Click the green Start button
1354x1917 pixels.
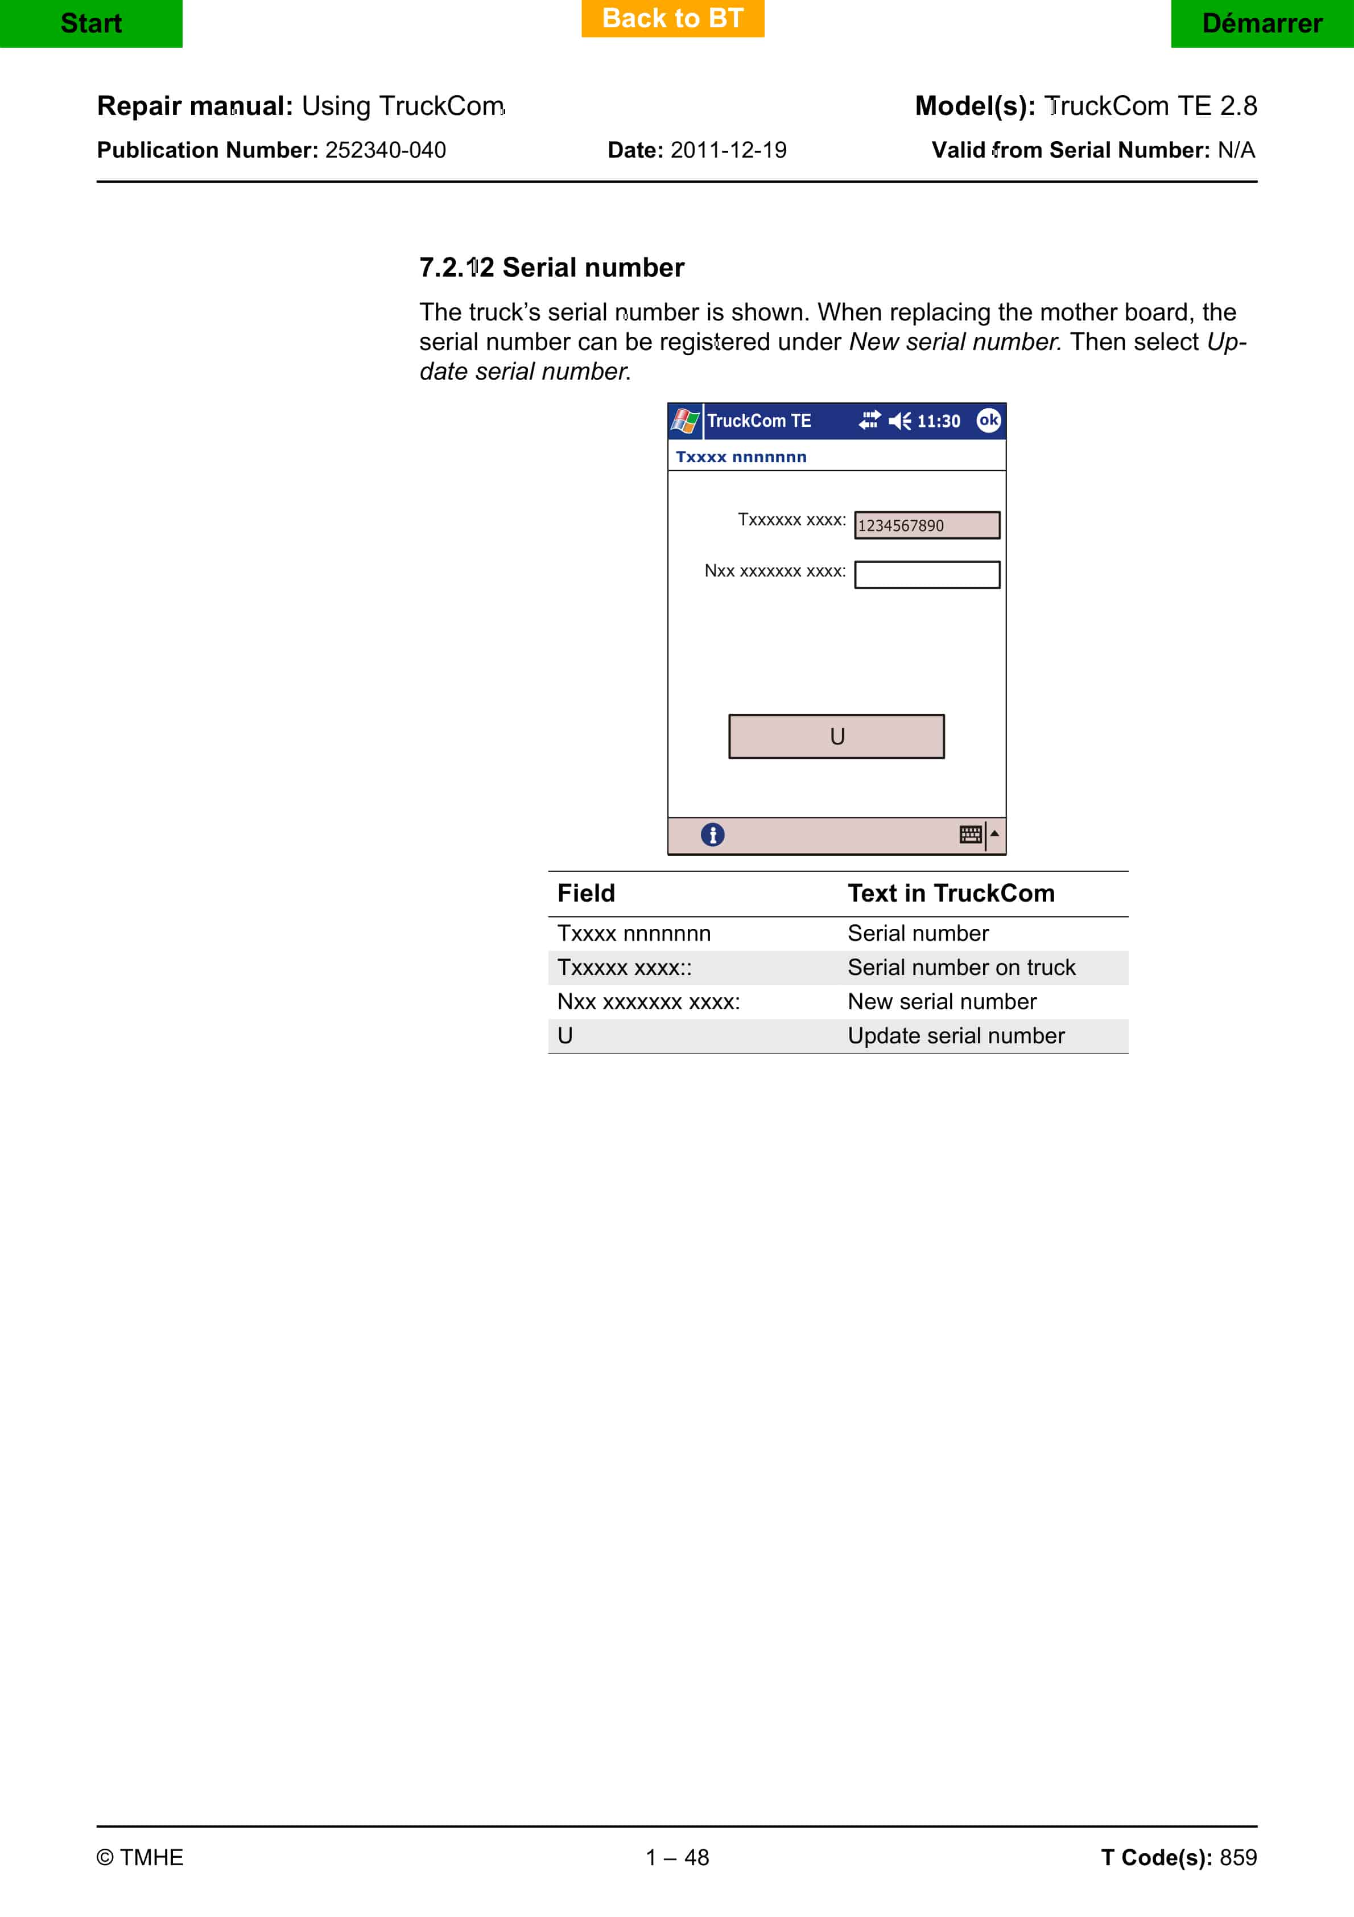click(91, 23)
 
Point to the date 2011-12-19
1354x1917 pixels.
click(728, 150)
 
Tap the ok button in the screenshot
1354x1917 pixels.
click(988, 420)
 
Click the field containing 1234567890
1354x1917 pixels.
click(927, 525)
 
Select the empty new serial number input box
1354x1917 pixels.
click(927, 574)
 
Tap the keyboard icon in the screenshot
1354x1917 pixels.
click(970, 834)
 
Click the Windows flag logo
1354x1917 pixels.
click(686, 421)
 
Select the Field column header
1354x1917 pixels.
click(586, 894)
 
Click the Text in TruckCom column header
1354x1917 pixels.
click(951, 894)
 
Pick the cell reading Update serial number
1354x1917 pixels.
click(956, 1035)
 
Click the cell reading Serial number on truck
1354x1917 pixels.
click(961, 967)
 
